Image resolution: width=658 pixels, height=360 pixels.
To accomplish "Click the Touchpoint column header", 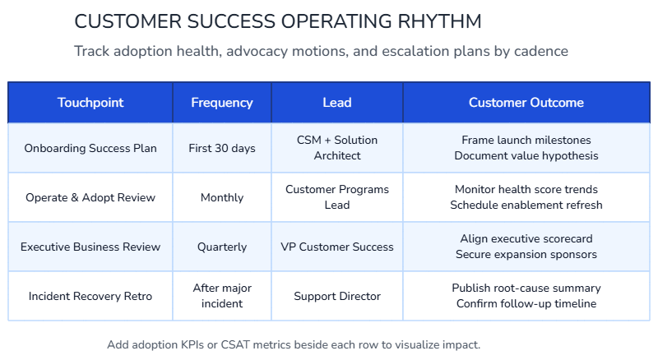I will (90, 103).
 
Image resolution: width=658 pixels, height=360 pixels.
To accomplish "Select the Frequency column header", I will (222, 103).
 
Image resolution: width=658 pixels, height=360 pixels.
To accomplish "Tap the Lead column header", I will (337, 103).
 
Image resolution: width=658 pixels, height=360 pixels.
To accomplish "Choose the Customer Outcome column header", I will (526, 103).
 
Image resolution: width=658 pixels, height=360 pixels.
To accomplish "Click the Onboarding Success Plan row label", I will (90, 148).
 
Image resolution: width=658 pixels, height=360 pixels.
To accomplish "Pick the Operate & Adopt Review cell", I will (90, 197).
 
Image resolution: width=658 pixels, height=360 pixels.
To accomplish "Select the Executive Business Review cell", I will (90, 247).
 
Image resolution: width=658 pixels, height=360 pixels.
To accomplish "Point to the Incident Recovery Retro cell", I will (90, 296).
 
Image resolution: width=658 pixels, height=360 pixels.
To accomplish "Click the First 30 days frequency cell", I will (222, 148).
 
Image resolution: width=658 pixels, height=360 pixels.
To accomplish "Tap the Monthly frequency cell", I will (222, 197).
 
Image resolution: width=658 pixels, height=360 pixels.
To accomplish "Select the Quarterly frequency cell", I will (222, 247).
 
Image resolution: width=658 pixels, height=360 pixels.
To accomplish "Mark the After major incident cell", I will (222, 296).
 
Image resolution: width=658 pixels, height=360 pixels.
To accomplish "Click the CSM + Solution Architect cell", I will (337, 148).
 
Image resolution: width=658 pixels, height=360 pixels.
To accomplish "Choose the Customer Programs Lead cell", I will (337, 197).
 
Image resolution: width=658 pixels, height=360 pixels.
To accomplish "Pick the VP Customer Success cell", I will (337, 247).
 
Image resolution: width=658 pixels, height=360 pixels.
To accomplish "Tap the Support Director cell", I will (337, 296).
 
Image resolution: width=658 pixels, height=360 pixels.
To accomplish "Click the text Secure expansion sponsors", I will (526, 255).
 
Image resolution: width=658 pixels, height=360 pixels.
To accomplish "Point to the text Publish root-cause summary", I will (526, 288).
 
